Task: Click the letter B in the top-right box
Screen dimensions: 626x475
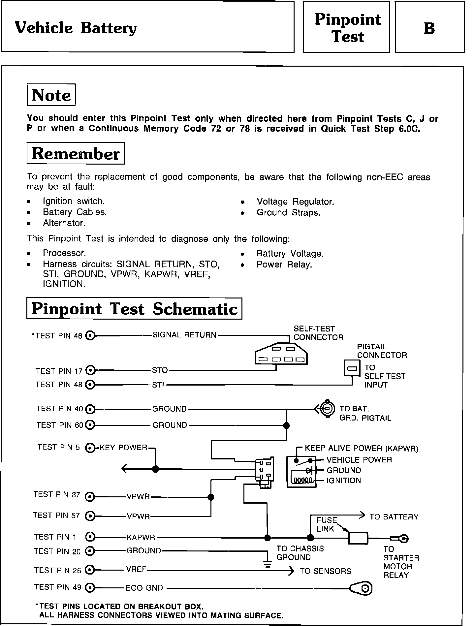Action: tap(429, 28)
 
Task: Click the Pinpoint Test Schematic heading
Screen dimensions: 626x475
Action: tap(134, 309)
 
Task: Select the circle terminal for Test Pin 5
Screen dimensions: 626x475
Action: tap(90, 448)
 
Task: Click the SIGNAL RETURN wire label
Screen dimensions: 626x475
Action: tap(184, 335)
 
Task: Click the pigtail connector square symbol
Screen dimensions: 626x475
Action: tap(352, 368)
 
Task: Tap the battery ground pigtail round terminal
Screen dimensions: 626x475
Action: tap(327, 409)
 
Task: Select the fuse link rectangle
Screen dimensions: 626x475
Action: tap(358, 538)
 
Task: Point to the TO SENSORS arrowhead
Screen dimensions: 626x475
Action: tap(291, 571)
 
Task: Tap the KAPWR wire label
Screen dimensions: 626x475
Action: tap(141, 538)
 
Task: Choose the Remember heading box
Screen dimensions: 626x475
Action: tap(75, 153)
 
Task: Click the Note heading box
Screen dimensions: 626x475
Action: tap(51, 95)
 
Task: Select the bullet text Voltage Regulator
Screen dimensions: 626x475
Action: tap(295, 202)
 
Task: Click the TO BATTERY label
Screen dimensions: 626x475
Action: tap(394, 517)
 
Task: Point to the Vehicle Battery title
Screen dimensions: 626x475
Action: tap(76, 28)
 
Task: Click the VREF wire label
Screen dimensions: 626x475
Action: tap(136, 570)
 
